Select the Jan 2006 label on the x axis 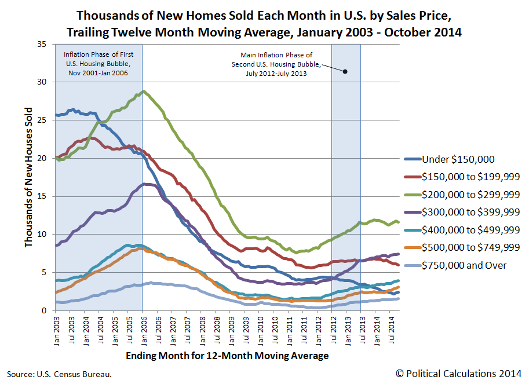143,331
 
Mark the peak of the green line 143,91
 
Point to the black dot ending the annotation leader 345,71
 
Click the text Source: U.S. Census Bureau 59,374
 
